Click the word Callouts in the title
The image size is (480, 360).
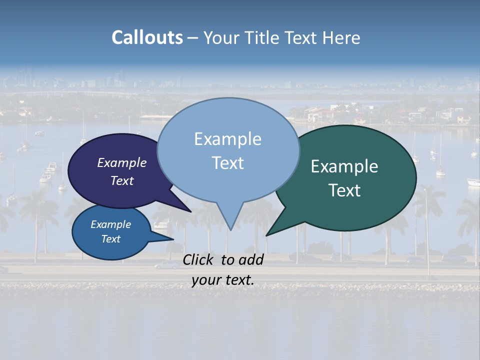click(147, 37)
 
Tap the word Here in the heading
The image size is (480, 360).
click(341, 37)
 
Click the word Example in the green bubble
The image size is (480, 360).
click(344, 166)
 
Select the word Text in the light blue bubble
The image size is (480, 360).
click(227, 163)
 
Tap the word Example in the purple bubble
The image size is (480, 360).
click(121, 162)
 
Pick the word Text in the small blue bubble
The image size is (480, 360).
click(110, 239)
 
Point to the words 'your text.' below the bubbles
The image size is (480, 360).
click(223, 280)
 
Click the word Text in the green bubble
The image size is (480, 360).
click(344, 190)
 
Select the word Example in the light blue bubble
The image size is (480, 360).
click(227, 139)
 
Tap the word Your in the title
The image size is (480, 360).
click(220, 37)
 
